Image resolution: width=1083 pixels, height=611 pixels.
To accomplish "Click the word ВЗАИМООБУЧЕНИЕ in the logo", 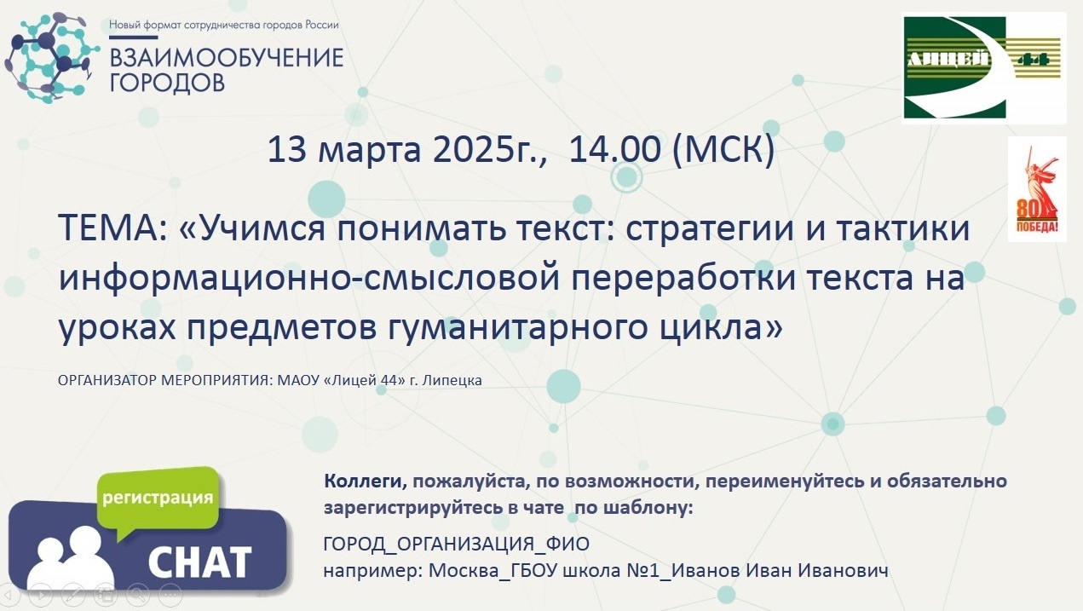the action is click(x=227, y=58).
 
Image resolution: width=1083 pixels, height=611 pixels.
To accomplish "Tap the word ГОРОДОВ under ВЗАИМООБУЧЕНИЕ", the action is click(x=167, y=83).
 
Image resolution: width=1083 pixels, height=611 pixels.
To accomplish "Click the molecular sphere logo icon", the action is click(x=51, y=58).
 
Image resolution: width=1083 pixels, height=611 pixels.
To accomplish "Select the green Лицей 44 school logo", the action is click(x=984, y=67).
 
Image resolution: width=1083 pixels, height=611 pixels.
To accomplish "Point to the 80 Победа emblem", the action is click(x=1037, y=189).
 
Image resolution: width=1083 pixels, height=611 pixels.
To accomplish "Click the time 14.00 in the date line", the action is click(x=614, y=149).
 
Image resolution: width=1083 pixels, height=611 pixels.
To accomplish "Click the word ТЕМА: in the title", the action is click(x=112, y=228).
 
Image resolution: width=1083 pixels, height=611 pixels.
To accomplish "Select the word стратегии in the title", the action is click(x=709, y=228).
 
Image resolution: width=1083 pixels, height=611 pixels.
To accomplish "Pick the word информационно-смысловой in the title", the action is click(x=309, y=278).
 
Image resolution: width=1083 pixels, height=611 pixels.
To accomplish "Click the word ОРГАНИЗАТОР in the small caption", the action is click(x=107, y=380).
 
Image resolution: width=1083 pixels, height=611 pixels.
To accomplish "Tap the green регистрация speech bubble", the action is click(x=158, y=501).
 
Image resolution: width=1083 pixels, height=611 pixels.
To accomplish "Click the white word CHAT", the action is click(x=199, y=562).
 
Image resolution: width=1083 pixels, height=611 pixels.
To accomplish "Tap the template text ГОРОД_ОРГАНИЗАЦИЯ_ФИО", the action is click(x=457, y=544).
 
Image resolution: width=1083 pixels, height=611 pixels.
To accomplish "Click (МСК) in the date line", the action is click(x=723, y=149).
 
